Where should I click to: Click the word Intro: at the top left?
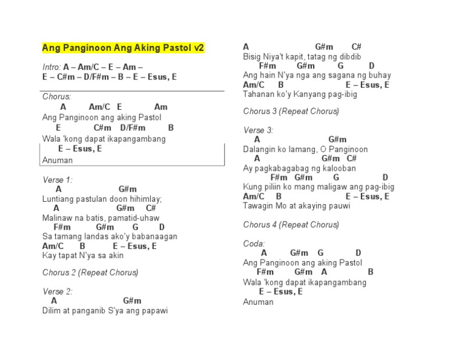click(x=51, y=67)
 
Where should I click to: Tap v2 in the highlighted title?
click(x=199, y=48)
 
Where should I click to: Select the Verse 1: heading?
click(x=57, y=180)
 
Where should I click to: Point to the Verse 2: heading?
click(x=57, y=292)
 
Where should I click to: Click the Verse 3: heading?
click(x=258, y=130)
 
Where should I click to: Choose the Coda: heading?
click(x=254, y=244)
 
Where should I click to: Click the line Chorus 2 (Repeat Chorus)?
click(x=90, y=273)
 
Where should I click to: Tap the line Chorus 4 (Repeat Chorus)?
click(x=291, y=225)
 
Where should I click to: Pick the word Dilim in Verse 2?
click(x=51, y=311)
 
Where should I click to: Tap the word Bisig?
click(x=252, y=56)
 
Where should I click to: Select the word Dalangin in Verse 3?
click(x=260, y=149)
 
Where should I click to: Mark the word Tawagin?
click(x=258, y=206)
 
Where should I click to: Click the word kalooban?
click(x=339, y=168)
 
